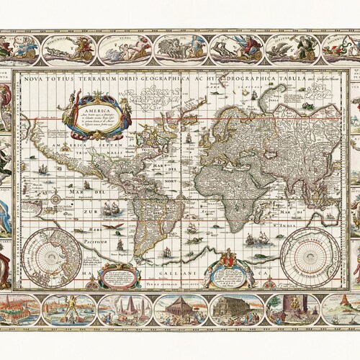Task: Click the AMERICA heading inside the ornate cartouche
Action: (x=96, y=102)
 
